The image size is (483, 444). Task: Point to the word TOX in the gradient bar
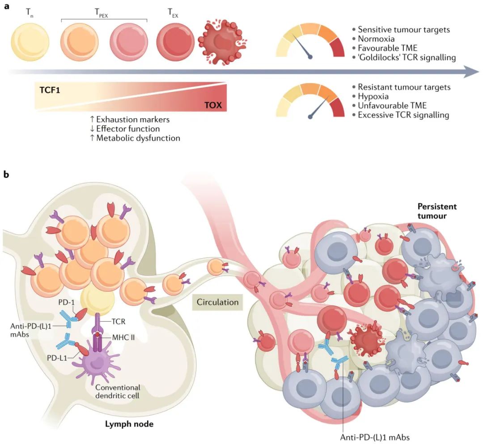point(212,106)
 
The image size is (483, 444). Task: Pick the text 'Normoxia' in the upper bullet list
point(376,39)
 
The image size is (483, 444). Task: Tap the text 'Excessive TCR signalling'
point(403,115)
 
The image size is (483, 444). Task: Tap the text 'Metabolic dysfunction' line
point(138,138)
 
